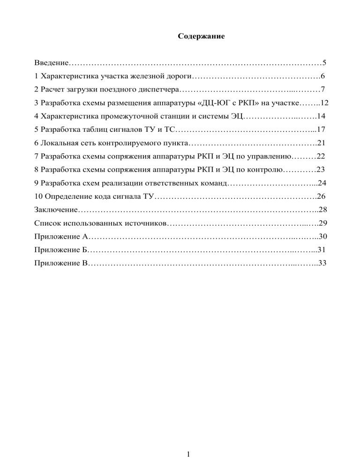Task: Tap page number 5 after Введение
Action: pos(324,62)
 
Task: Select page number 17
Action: pos(321,129)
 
